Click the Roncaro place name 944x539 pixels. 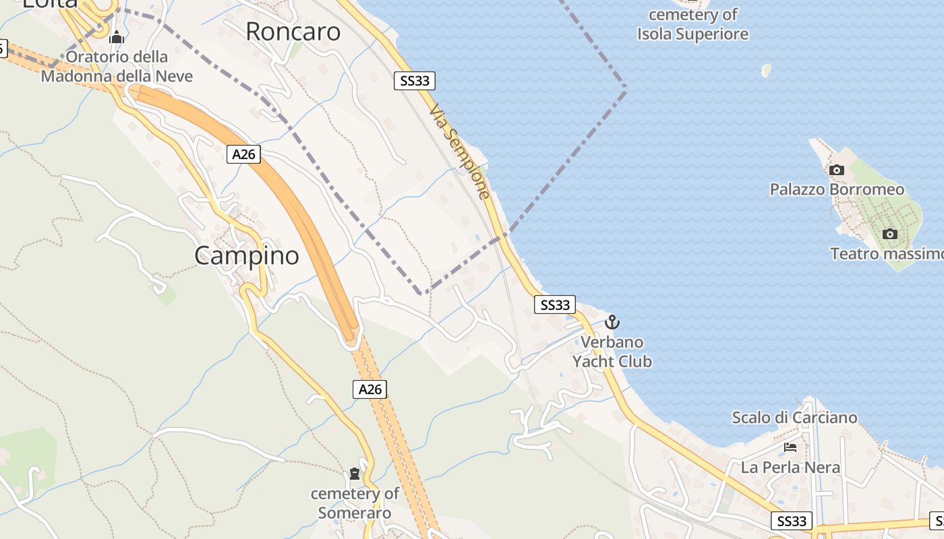pos(293,32)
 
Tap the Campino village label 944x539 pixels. pos(247,256)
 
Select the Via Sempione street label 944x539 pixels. pos(459,152)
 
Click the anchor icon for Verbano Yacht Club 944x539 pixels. pos(612,321)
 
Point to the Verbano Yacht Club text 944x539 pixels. pos(612,352)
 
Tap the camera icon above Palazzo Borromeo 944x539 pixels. pos(836,170)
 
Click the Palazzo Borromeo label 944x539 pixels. pos(837,189)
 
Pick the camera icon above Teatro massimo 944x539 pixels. pos(890,234)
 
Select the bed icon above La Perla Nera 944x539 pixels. pos(790,447)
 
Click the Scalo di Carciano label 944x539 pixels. pos(794,418)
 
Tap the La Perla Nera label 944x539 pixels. pos(790,467)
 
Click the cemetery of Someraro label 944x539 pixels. pos(355,503)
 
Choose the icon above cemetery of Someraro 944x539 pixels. pos(355,474)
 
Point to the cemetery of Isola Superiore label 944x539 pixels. pos(693,24)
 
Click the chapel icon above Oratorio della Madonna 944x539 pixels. pos(117,37)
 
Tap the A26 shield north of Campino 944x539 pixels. pos(243,154)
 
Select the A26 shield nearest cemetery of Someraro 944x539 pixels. pos(370,389)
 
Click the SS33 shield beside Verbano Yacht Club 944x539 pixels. pos(556,305)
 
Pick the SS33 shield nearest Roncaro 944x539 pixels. pos(414,81)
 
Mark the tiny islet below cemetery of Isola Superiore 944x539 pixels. pos(766,70)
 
